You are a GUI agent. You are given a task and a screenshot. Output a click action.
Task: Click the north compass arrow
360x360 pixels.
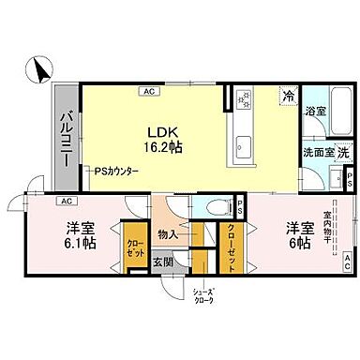click(x=40, y=68)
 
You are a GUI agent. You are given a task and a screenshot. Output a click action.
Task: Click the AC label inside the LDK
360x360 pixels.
click(x=149, y=92)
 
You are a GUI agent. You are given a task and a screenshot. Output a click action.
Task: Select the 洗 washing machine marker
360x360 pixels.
click(x=343, y=152)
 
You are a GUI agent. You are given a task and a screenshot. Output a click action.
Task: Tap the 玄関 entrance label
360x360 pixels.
click(x=163, y=262)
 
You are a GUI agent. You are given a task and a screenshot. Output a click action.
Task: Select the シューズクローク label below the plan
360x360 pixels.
click(x=203, y=295)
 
